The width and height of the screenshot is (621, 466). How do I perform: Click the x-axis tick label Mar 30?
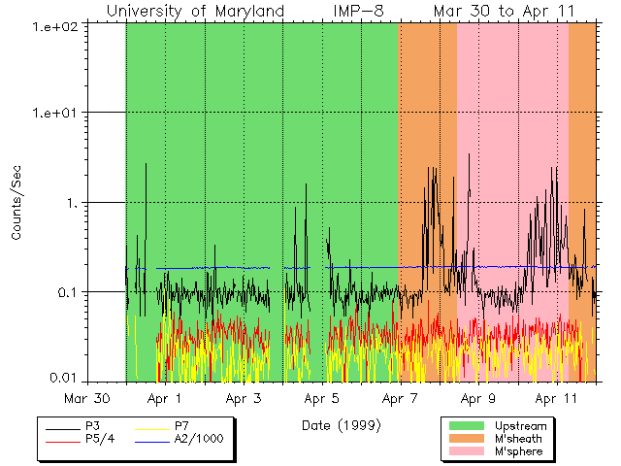pos(88,398)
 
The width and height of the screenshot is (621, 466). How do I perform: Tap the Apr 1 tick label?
pos(166,398)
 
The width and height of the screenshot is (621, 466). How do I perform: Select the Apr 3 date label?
pos(245,398)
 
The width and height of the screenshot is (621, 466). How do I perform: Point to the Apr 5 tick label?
pos(322,398)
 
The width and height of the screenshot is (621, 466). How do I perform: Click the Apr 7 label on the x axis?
pos(400,398)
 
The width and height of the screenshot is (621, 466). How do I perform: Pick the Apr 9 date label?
pos(478,398)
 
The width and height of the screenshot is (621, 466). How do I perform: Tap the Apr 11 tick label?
pos(556,398)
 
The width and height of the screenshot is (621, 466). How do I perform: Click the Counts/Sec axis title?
pos(17,203)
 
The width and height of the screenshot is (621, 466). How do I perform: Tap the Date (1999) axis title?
pos(341,425)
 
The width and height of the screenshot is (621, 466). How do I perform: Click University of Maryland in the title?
pos(195,11)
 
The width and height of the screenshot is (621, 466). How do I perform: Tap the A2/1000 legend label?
pos(199,439)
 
